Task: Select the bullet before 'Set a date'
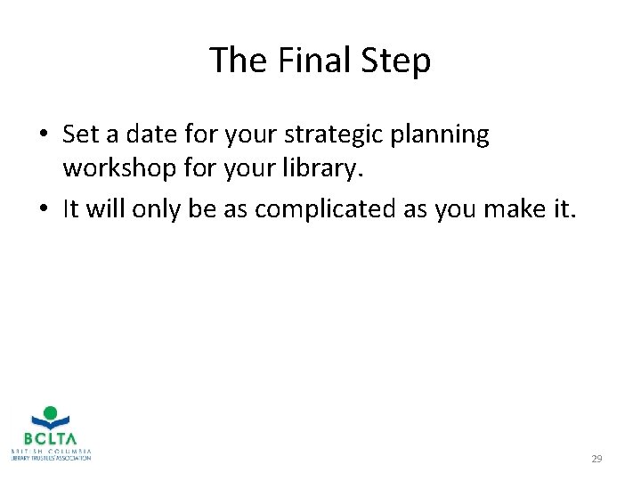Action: click(x=43, y=135)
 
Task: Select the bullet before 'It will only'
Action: click(x=43, y=209)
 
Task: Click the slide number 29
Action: click(x=596, y=459)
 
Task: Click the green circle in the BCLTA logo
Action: click(x=50, y=413)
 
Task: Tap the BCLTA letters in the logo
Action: click(x=50, y=439)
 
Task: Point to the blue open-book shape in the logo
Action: click(x=50, y=425)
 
